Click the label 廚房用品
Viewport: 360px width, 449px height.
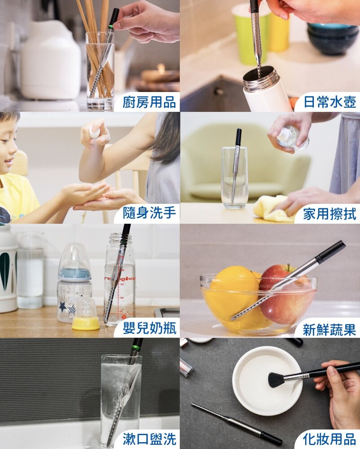pos(149,102)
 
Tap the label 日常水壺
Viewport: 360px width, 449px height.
pos(329,102)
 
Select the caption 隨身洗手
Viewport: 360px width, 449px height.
pos(149,213)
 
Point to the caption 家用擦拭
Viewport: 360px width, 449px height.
pos(329,214)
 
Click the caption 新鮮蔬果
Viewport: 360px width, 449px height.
pos(329,330)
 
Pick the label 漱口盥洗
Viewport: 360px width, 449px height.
pos(149,439)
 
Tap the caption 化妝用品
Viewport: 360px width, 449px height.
pos(329,439)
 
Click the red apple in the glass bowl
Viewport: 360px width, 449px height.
pos(286,295)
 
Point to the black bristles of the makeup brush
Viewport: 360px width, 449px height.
pos(277,380)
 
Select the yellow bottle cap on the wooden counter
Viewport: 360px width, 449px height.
pos(86,323)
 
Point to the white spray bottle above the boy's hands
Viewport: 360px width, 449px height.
pos(94,132)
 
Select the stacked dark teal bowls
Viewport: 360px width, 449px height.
pos(329,38)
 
